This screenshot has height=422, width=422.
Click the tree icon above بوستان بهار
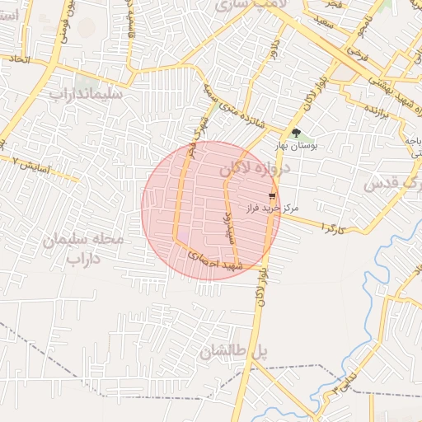click(x=296, y=133)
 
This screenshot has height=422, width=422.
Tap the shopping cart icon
click(x=272, y=197)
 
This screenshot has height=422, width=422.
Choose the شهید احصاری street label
click(x=213, y=261)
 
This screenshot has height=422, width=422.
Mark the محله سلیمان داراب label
click(x=84, y=249)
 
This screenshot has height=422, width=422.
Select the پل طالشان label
click(x=234, y=352)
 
